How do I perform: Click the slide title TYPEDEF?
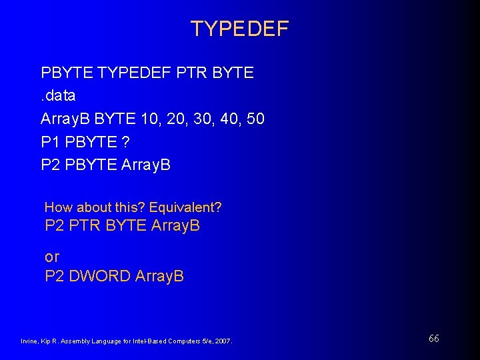point(239,29)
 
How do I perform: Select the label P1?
point(51,141)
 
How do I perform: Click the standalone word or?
point(52,256)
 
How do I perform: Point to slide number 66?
point(433,339)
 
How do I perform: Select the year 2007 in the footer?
point(221,341)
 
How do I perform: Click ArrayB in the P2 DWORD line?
point(159,275)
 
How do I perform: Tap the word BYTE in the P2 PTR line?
point(125,226)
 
